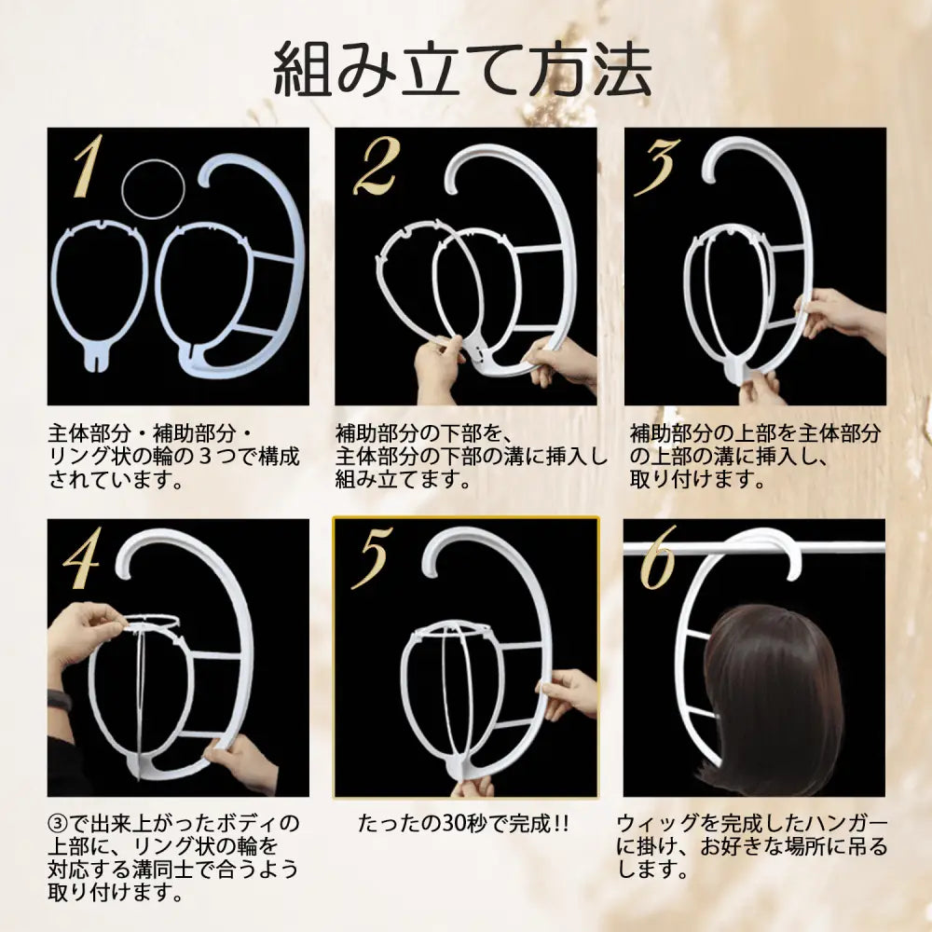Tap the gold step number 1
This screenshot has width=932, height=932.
click(x=88, y=167)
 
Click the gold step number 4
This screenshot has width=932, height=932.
click(x=82, y=560)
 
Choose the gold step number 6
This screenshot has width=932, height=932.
click(x=658, y=560)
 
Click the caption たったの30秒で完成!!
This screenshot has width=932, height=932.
click(x=463, y=824)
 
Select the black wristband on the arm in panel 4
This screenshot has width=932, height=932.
click(x=59, y=701)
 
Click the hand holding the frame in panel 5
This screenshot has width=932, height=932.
click(x=569, y=692)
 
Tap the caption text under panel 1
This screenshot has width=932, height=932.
click(x=174, y=458)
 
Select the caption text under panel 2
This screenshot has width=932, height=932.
click(x=471, y=458)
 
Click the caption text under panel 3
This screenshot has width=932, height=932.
click(x=755, y=458)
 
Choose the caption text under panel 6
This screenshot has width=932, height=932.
click(x=752, y=847)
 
